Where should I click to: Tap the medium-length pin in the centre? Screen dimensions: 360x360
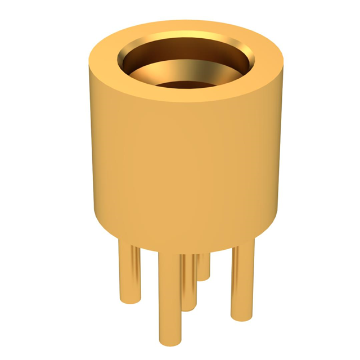pyautogui.click(x=190, y=281)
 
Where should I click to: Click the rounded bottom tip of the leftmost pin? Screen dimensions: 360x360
pyautogui.click(x=127, y=291)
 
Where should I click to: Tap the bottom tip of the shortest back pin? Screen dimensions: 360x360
pyautogui.click(x=205, y=276)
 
